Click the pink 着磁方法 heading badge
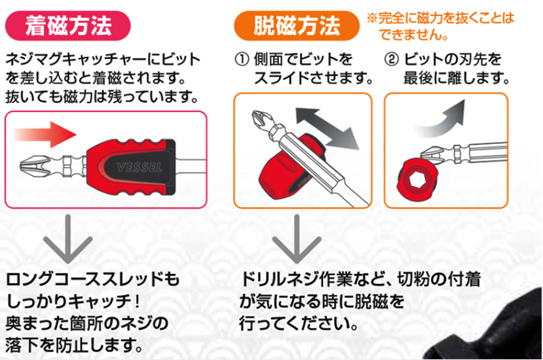[x=68, y=26]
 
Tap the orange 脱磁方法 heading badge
[x=297, y=26]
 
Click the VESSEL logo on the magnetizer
[x=140, y=168]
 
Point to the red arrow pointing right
[x=45, y=134]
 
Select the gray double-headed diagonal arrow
[x=327, y=128]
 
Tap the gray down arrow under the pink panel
[x=68, y=239]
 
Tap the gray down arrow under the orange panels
[x=297, y=239]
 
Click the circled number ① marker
[x=242, y=59]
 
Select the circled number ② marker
[x=392, y=59]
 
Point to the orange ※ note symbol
[x=372, y=18]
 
